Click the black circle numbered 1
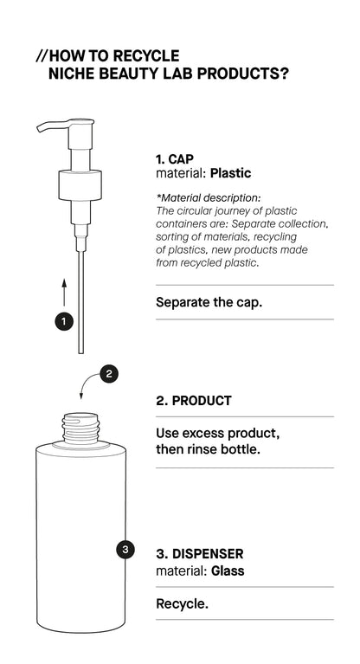point(63,321)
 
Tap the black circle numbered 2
point(108,374)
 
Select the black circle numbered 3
point(126,549)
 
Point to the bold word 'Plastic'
point(230,173)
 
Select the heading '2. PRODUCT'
point(192,402)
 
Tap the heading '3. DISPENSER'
point(199,553)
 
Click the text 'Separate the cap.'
point(209,303)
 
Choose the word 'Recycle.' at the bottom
point(182,603)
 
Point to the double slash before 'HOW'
point(42,56)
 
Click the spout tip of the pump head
point(39,131)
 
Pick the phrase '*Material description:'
point(208,198)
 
